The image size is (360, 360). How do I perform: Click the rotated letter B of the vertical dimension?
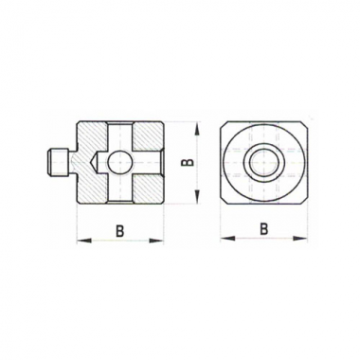point(189,162)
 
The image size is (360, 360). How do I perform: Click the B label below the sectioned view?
point(119,231)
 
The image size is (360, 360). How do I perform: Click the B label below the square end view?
point(264,229)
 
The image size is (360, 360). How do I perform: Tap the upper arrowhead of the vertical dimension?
point(196,130)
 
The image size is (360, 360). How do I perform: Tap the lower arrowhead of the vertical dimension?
point(196,196)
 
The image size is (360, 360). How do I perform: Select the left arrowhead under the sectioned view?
point(84,241)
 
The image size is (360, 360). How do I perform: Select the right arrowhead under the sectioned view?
point(156,241)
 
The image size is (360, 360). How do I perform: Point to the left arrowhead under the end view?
point(227,239)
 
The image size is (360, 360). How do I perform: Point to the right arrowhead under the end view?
point(299,239)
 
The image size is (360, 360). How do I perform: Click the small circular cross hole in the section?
point(120,162)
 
